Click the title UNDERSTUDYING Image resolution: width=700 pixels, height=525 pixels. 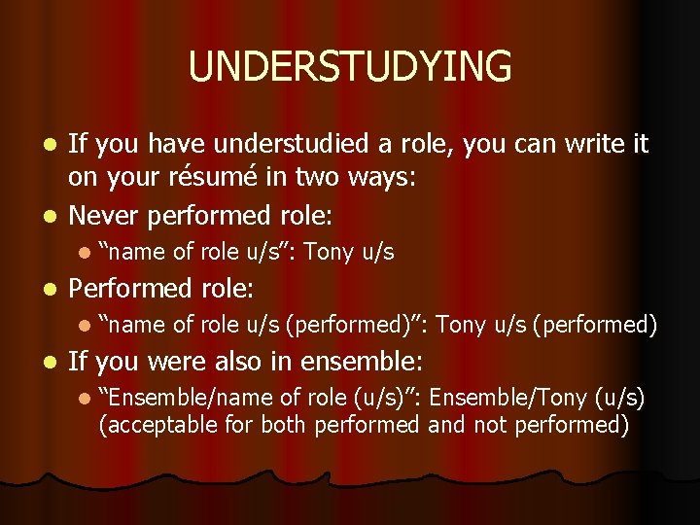coord(350,67)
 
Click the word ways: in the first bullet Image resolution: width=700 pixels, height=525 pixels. coord(443,180)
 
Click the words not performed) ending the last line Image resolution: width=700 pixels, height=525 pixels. coord(544,424)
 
